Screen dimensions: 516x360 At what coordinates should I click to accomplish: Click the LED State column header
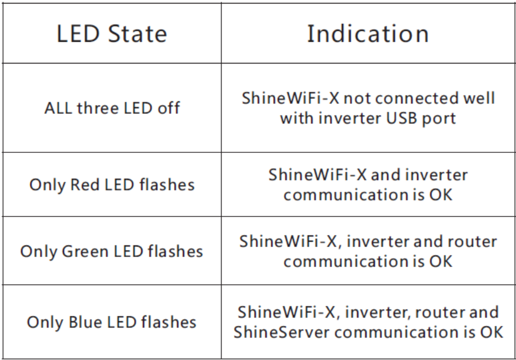(x=112, y=34)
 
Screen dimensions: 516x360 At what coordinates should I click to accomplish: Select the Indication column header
(x=368, y=34)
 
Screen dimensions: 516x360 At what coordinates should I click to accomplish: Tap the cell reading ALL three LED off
(x=112, y=108)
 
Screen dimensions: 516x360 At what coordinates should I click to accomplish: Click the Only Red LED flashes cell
(x=112, y=184)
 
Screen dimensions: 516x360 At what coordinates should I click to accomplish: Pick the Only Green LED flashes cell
(x=112, y=251)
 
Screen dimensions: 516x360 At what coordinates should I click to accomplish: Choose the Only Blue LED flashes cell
(x=112, y=322)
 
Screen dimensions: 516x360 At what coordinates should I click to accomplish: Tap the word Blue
(x=85, y=322)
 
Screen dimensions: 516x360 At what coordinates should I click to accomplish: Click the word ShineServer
(x=281, y=332)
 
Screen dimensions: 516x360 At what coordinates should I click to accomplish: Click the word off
(x=169, y=108)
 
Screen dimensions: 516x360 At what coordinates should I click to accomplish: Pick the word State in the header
(x=138, y=34)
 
